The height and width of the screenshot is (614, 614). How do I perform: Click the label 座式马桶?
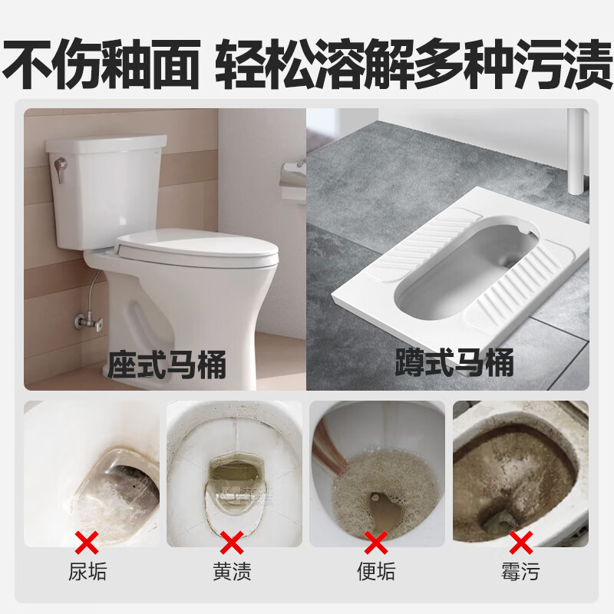point(167,364)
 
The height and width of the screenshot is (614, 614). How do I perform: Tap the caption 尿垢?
point(87,572)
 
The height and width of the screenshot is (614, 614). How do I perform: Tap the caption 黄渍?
point(232,572)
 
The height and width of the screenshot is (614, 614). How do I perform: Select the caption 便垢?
point(376,572)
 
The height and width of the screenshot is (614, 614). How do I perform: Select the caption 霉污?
point(520,572)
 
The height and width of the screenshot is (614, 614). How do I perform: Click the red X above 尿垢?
point(87,543)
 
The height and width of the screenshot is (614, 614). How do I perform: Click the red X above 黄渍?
point(232,543)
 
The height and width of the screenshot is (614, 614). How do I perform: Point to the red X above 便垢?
point(376,543)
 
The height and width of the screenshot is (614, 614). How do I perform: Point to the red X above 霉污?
point(520,543)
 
